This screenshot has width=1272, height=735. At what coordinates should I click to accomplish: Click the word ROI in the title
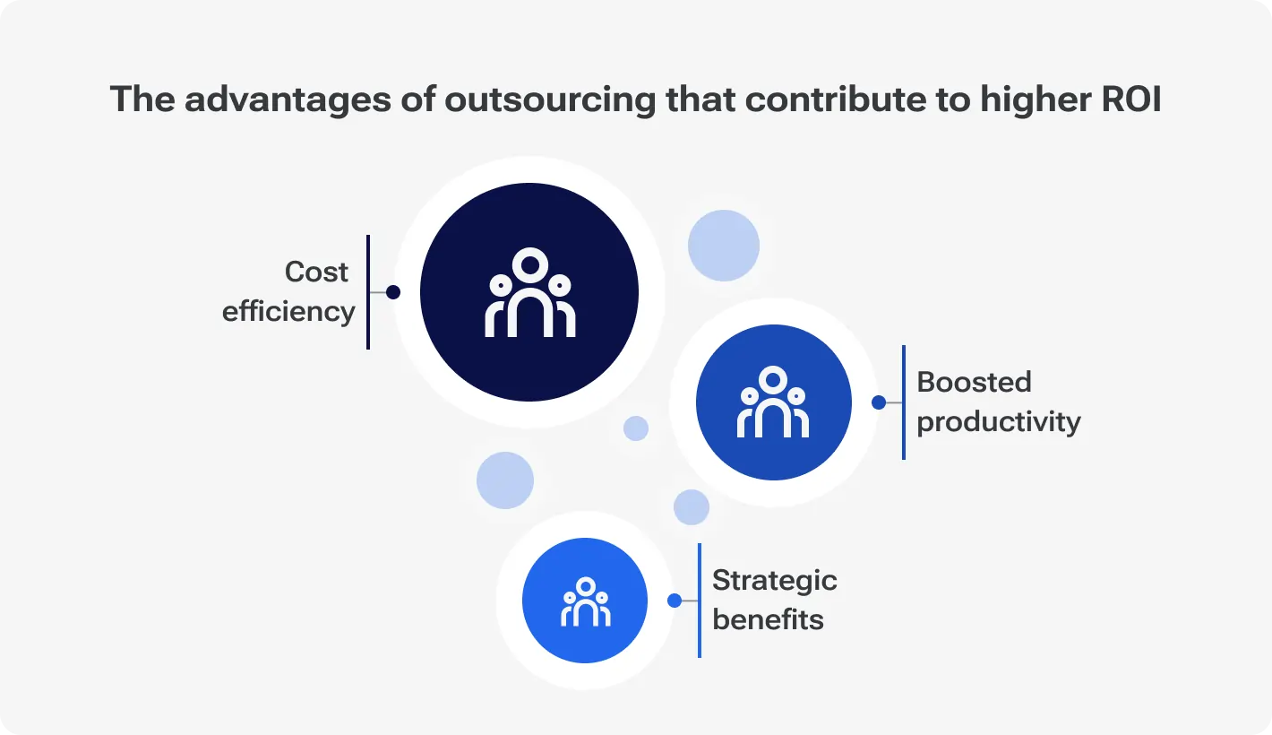(x=1131, y=99)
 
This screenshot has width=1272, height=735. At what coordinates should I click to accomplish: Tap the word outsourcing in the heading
(x=550, y=100)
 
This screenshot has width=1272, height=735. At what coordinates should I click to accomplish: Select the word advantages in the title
(x=288, y=100)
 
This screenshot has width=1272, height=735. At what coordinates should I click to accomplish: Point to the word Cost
(x=316, y=272)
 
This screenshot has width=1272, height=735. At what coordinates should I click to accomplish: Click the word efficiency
(x=288, y=312)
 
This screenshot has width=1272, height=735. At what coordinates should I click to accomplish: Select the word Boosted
(x=974, y=382)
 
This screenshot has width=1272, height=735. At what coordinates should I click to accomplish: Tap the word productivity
(x=999, y=422)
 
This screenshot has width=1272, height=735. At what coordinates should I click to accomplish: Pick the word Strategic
(x=775, y=581)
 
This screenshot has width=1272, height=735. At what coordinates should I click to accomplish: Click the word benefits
(x=768, y=619)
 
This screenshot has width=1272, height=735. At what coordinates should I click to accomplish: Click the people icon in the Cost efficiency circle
(x=529, y=292)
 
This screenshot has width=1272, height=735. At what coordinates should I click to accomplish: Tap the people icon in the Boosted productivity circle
(x=773, y=402)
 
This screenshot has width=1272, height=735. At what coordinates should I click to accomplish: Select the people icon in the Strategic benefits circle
(x=586, y=601)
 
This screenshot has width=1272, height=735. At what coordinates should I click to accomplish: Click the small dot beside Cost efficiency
(x=393, y=292)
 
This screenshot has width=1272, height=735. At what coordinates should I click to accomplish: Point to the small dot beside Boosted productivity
(x=879, y=402)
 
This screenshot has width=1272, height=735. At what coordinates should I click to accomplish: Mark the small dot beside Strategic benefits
(x=675, y=601)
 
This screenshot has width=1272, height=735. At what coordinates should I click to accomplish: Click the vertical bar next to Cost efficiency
(x=368, y=292)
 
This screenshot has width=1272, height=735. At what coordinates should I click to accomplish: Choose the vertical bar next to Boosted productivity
(x=904, y=402)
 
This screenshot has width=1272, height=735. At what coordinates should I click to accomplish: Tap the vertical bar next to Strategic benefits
(x=700, y=601)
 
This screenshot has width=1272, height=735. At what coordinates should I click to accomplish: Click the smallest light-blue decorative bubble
(x=636, y=428)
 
